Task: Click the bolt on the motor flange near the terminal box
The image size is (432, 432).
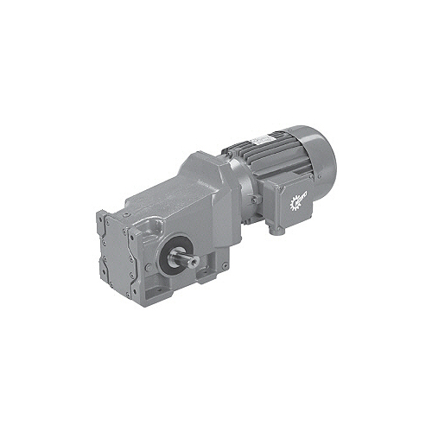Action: tap(257, 206)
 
